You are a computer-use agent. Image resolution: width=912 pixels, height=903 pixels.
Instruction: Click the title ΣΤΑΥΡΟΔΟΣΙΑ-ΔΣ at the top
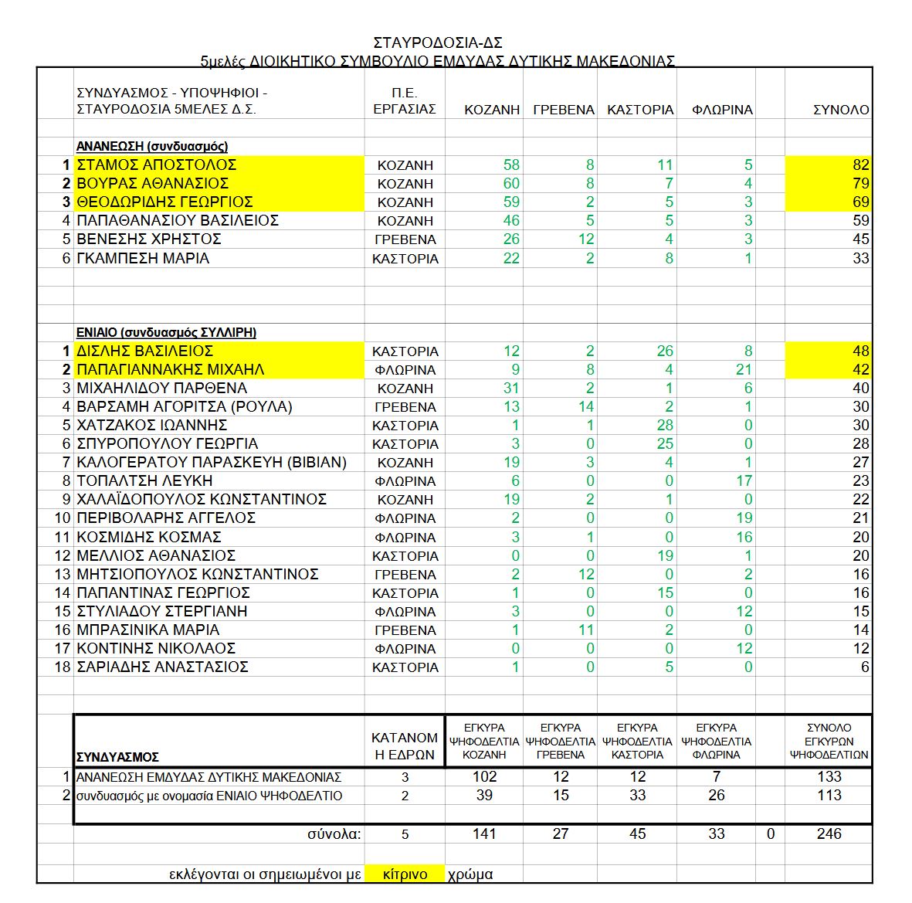click(438, 42)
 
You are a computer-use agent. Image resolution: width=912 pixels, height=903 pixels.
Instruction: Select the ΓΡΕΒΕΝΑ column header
click(564, 110)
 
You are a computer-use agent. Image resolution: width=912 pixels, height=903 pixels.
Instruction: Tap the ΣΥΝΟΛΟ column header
click(841, 110)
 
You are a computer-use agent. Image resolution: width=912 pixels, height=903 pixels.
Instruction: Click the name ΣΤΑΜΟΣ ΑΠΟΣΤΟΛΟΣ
click(156, 165)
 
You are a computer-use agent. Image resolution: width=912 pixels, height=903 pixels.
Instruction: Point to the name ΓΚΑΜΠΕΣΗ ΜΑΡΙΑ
click(143, 258)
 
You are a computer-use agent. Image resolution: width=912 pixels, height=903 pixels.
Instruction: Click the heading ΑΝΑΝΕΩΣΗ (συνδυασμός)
click(152, 146)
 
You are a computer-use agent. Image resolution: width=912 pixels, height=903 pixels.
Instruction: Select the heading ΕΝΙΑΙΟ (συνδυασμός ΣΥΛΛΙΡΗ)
click(166, 332)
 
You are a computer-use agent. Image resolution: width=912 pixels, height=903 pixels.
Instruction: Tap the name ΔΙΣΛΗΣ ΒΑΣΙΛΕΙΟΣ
click(144, 351)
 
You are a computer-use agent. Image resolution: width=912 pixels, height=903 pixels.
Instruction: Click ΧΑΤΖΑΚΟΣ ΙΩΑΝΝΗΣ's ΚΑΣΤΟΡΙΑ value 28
click(664, 425)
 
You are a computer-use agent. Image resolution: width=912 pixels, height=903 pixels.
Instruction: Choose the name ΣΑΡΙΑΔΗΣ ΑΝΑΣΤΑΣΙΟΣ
click(162, 667)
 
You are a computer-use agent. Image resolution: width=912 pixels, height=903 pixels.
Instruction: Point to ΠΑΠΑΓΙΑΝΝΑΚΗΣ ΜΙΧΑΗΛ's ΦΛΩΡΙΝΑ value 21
click(743, 369)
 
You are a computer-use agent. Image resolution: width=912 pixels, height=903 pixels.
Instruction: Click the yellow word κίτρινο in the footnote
click(405, 874)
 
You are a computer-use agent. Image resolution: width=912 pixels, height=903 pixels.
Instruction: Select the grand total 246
click(829, 833)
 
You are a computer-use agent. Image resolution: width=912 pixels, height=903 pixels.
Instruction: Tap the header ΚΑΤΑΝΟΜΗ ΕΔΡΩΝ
click(405, 746)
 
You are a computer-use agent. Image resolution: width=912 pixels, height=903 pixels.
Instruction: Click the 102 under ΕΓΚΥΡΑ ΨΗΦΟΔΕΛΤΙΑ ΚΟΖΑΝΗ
click(484, 776)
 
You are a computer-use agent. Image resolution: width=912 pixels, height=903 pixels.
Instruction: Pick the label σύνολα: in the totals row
click(334, 834)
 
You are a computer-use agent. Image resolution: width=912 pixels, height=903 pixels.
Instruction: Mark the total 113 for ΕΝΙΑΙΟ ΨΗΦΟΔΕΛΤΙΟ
click(829, 796)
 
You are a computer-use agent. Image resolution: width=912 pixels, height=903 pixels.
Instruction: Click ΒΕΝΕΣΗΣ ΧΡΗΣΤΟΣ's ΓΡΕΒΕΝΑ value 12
click(586, 239)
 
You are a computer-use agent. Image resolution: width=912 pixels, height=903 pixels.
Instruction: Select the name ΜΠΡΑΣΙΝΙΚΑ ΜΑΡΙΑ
click(143, 630)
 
